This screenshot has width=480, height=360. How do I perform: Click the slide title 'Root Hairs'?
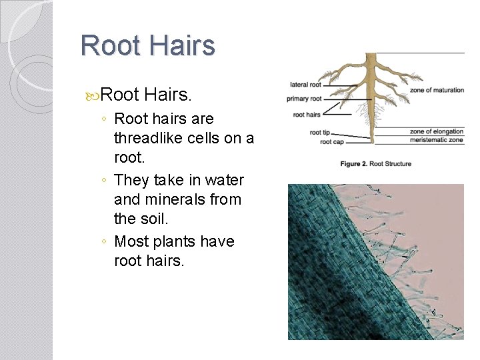(147, 46)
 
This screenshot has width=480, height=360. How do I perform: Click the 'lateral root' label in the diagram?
(306, 85)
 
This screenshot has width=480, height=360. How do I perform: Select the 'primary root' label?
(305, 99)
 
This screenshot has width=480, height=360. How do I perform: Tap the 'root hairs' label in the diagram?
(307, 115)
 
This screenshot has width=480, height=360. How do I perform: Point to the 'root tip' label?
(321, 133)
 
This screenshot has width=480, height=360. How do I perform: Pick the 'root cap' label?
(331, 142)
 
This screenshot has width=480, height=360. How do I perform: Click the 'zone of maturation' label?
(437, 90)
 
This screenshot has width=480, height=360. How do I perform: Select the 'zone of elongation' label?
(437, 131)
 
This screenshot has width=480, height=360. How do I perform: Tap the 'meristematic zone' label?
(437, 140)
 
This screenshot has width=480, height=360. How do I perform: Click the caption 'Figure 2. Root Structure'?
(375, 164)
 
